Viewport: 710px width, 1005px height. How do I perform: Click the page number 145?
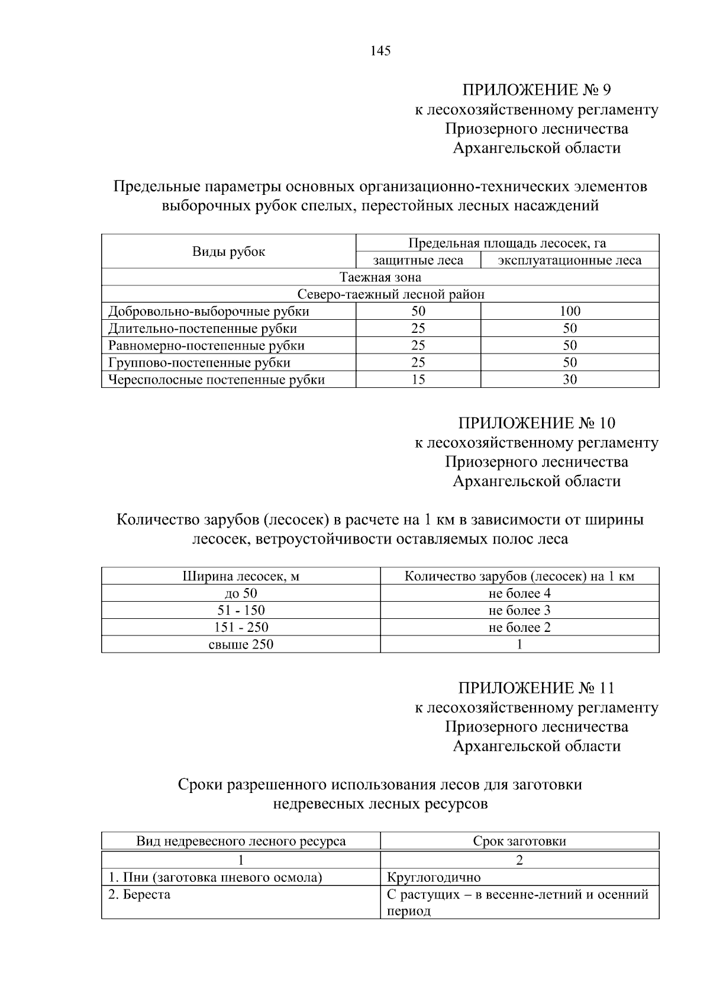[380, 51]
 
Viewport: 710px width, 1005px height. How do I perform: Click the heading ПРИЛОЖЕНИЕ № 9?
[536, 90]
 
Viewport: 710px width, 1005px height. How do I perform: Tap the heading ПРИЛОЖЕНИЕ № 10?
[536, 423]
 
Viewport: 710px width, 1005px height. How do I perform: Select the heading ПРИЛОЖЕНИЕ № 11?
[536, 688]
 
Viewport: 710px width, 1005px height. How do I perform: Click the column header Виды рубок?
[228, 252]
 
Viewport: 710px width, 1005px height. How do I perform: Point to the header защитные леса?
[418, 261]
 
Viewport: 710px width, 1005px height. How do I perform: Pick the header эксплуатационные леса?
[569, 261]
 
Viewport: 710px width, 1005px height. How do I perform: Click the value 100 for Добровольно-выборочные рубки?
[569, 311]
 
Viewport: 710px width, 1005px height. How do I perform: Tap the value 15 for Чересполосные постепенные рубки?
[418, 380]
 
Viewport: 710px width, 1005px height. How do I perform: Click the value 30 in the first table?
[569, 380]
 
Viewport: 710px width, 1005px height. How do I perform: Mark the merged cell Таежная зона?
[380, 277]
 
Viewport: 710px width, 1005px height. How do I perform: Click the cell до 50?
[241, 593]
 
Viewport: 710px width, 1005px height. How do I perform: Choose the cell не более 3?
[519, 611]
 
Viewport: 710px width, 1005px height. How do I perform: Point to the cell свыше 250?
[241, 644]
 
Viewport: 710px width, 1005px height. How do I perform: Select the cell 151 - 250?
[241, 628]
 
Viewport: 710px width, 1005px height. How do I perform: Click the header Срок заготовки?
[519, 841]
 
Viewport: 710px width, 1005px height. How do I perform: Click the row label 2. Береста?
[139, 894]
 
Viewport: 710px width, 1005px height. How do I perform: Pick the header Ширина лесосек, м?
[241, 576]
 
